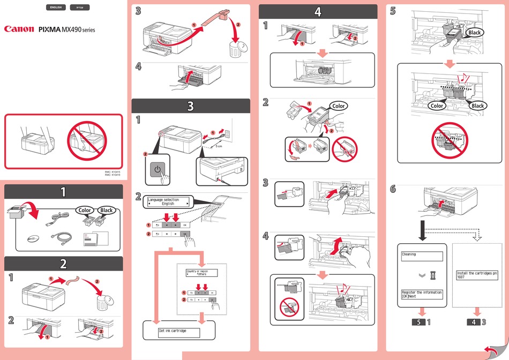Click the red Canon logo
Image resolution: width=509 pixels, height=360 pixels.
point(19,30)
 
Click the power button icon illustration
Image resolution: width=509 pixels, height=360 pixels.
point(157,170)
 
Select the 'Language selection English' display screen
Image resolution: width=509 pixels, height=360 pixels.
point(168,202)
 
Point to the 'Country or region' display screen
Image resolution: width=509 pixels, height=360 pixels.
point(201,273)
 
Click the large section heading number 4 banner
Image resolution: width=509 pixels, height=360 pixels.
point(318,11)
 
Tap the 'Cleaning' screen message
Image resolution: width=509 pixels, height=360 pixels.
point(422,257)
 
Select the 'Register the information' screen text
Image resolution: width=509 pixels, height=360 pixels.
point(422,295)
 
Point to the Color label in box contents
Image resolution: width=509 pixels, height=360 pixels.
point(85,210)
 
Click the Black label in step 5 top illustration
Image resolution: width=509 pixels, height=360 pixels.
point(474,33)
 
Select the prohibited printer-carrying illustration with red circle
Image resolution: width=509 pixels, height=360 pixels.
point(86,141)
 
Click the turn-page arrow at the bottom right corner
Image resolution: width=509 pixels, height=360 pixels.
point(491,351)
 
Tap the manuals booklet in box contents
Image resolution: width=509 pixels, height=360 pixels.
point(94,239)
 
